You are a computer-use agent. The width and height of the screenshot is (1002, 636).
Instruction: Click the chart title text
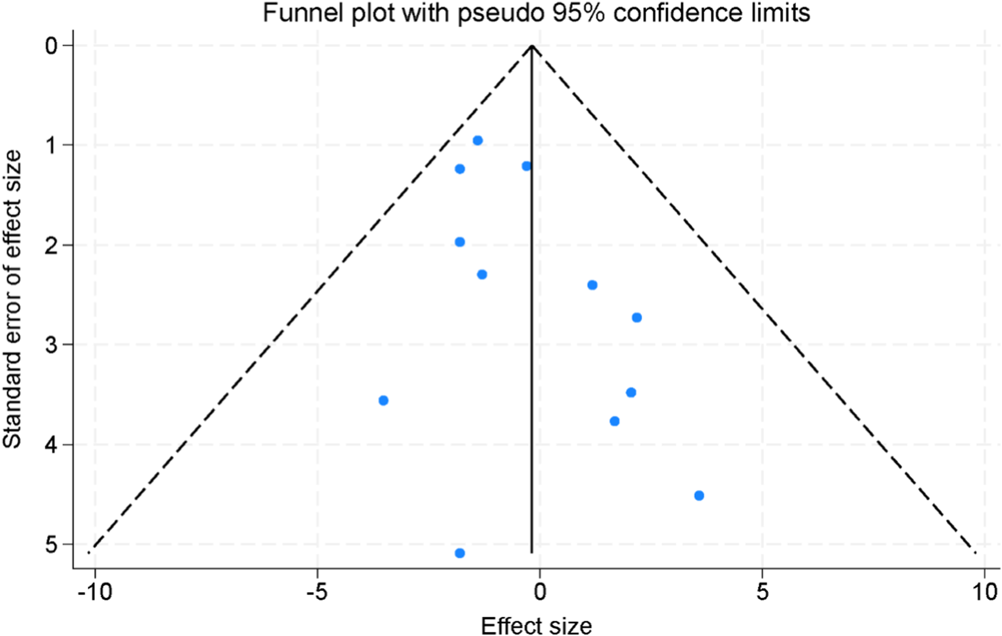(x=536, y=12)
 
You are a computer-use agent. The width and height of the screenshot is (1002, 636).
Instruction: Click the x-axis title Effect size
(x=536, y=626)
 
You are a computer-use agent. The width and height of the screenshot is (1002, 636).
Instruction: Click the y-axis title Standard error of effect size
(x=12, y=299)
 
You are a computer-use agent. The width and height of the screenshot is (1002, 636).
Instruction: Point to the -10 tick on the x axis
(x=95, y=592)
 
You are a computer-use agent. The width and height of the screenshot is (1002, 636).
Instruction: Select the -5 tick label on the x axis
(x=317, y=592)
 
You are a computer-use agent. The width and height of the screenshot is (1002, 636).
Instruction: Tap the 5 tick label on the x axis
(x=762, y=592)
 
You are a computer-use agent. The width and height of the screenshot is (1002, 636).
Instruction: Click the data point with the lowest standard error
(x=478, y=140)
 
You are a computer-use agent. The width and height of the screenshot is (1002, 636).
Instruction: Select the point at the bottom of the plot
(x=460, y=553)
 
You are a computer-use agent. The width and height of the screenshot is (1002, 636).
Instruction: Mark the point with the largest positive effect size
(x=699, y=496)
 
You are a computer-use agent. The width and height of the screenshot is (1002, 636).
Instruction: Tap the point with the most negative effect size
(x=383, y=400)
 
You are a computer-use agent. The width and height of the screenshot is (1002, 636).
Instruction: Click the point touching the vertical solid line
(x=527, y=166)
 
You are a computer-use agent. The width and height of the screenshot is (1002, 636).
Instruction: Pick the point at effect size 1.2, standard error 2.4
(x=592, y=285)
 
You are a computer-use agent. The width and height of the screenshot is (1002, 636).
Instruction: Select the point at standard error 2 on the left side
(x=460, y=242)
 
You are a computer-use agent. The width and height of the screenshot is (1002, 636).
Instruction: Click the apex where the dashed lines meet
(x=532, y=46)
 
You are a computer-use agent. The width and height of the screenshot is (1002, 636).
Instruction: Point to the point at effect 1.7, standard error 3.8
(x=615, y=421)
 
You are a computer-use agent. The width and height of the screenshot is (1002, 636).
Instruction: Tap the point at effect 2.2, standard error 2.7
(x=637, y=317)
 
